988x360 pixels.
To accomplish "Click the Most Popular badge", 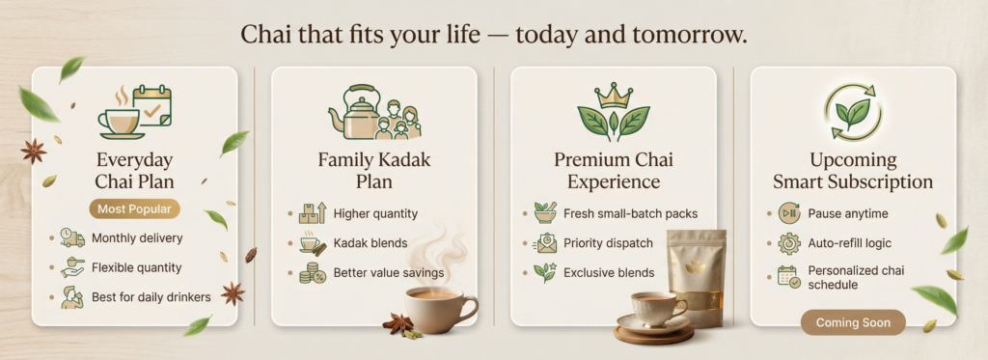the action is tap(135, 209).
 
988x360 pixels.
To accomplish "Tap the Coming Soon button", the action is tap(853, 322).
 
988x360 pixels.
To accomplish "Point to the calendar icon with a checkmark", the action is tap(151, 106).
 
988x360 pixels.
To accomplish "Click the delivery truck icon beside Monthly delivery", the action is tap(72, 237).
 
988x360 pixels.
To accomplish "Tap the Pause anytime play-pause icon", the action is tap(789, 213).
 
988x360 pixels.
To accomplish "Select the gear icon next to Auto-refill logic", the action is tap(789, 243).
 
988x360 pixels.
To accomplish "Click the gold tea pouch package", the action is tap(697, 277).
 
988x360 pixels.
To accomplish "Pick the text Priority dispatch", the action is tap(608, 243).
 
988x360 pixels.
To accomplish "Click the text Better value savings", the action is tap(389, 273).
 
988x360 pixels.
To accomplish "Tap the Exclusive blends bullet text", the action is tap(609, 273).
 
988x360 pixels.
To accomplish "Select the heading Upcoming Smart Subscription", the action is tap(853, 171).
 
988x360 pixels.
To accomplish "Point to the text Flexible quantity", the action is tap(137, 267).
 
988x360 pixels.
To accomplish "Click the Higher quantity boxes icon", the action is tap(313, 213).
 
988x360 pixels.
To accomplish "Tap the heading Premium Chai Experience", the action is tap(614, 171).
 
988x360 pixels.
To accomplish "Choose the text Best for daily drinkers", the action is tap(151, 297).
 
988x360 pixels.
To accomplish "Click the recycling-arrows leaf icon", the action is tap(853, 113).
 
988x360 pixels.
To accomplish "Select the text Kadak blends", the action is tap(370, 243).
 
